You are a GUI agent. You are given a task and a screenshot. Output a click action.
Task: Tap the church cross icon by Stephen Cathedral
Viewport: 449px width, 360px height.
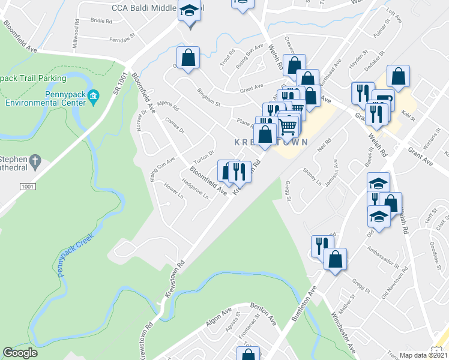pyautogui.click(x=35, y=161)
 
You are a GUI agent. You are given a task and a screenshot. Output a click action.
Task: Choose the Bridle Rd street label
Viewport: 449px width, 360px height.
pyautogui.click(x=101, y=20)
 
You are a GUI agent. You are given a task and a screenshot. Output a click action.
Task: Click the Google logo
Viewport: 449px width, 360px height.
pyautogui.click(x=20, y=353)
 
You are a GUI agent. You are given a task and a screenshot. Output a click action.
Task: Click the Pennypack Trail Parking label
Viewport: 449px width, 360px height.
pyautogui.click(x=32, y=78)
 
